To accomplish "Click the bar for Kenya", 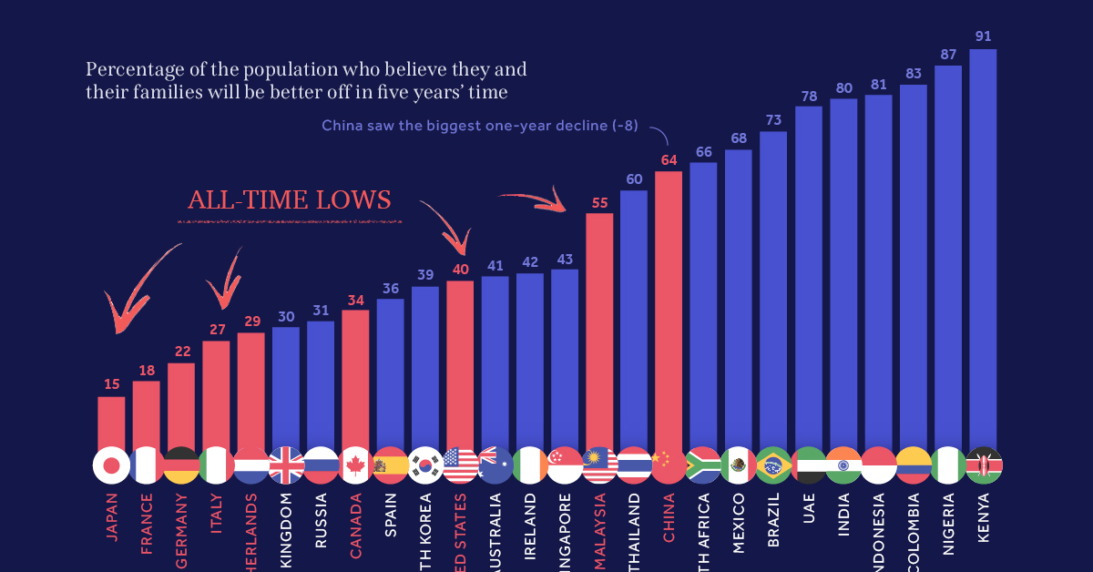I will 983,246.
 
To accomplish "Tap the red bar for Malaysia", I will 599,328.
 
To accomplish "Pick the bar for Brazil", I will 773,287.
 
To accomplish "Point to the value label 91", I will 983,36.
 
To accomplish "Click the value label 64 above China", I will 669,159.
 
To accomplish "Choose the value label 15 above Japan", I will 111,384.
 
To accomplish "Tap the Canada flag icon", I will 355,465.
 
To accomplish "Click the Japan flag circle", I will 111,465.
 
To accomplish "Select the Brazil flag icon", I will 773,465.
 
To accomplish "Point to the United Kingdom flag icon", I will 286,465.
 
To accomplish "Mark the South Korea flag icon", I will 425,465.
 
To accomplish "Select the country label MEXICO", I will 739,518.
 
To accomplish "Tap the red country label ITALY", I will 216,515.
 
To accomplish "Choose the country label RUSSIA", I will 321,518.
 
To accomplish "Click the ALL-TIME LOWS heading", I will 289,200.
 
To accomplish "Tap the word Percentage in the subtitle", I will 128,70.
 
